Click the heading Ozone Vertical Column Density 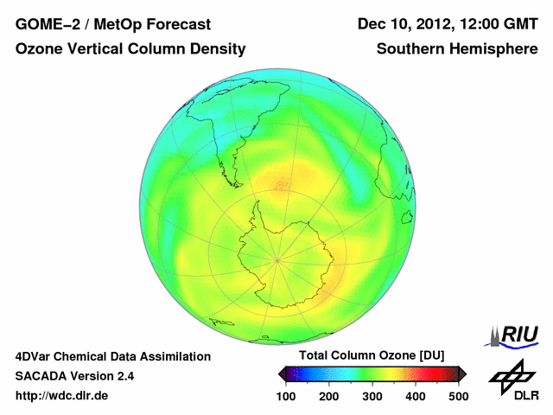tap(130, 49)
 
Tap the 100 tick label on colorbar tap(286, 396)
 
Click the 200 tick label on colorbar tap(329, 396)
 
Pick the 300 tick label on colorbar tap(372, 396)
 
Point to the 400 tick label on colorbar tap(416, 396)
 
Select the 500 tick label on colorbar tap(458, 396)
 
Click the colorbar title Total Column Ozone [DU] tap(372, 356)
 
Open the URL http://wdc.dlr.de tap(62, 396)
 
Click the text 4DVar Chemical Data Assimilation tap(112, 356)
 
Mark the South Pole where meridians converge tap(278, 259)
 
